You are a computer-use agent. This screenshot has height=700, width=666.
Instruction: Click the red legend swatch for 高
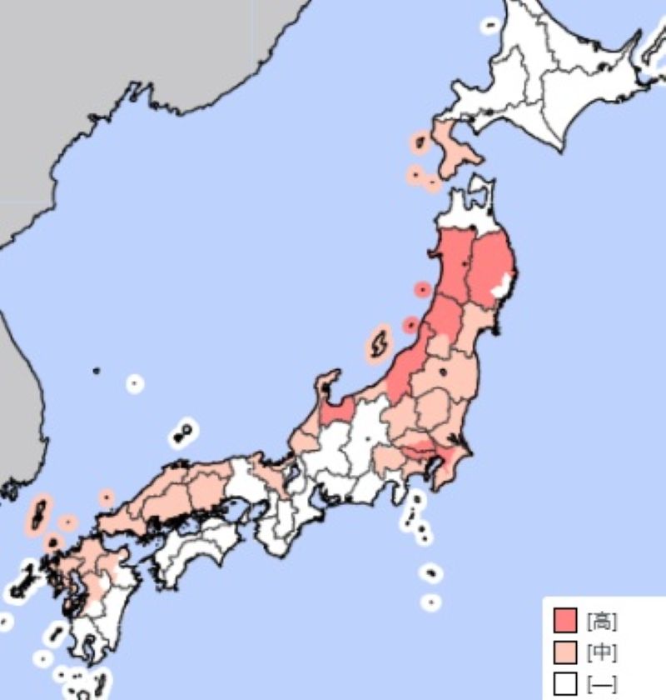(x=565, y=620)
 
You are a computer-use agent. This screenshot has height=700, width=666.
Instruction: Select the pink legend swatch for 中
(x=565, y=652)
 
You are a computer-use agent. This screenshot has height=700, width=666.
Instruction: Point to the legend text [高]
(x=601, y=621)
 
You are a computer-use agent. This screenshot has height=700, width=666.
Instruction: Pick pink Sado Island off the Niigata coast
(x=378, y=344)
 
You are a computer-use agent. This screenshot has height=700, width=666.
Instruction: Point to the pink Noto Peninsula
(x=324, y=389)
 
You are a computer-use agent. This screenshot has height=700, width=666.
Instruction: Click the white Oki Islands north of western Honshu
(x=182, y=434)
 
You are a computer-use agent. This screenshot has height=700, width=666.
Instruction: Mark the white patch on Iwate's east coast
(x=502, y=287)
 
